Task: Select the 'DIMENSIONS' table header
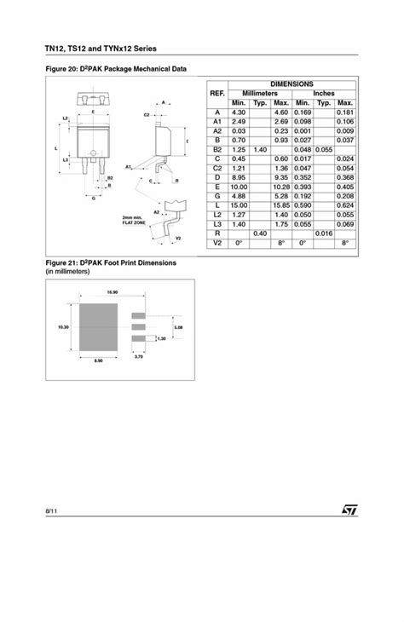291,84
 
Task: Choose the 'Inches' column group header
324,93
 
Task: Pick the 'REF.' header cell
217,93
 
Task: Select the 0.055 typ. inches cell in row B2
324,149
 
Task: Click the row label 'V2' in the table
217,243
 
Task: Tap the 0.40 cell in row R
260,233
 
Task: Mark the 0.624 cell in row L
345,205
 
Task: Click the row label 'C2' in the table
217,168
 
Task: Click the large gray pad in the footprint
100,325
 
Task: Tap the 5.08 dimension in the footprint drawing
177,325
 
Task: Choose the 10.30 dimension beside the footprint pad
62,325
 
